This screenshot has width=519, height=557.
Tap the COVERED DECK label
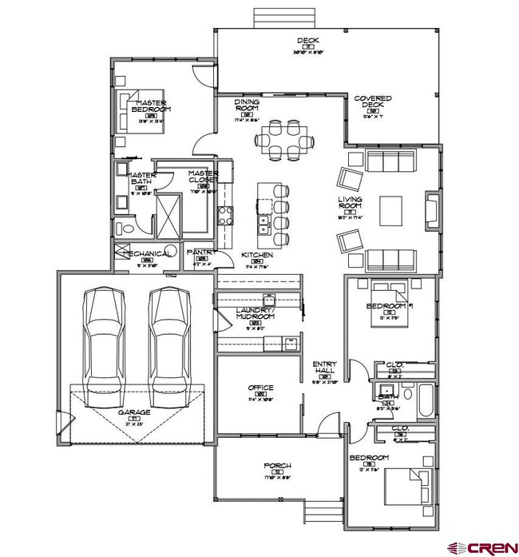click(373, 102)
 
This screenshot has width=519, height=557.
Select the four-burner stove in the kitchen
click(226, 214)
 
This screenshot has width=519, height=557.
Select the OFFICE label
click(260, 388)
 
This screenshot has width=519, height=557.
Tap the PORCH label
click(277, 465)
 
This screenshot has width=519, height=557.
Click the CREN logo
click(481, 546)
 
